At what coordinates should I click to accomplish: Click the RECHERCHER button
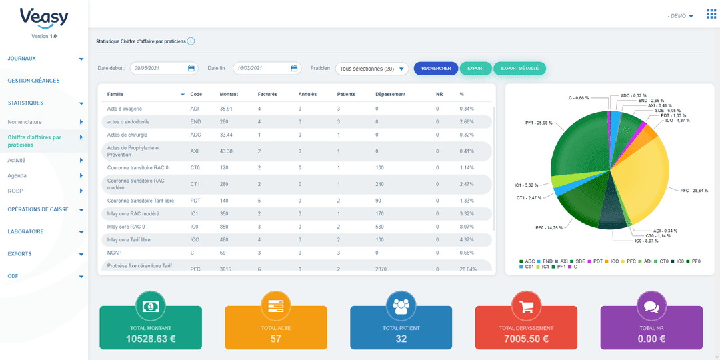(436, 68)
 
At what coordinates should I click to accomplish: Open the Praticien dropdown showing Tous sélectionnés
(371, 69)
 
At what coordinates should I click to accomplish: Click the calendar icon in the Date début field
(191, 68)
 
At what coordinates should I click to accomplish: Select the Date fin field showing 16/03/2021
(261, 68)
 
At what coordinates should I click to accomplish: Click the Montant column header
(229, 94)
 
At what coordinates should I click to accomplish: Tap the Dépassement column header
(390, 94)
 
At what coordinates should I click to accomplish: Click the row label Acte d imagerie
(125, 109)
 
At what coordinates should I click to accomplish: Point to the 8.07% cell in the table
(467, 227)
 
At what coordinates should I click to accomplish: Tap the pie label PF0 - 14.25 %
(549, 228)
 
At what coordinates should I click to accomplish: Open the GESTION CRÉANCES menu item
(33, 81)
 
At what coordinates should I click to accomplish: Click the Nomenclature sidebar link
(25, 122)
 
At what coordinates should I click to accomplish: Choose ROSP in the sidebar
(15, 191)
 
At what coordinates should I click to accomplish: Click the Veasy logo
(44, 18)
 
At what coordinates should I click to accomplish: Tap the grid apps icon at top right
(711, 15)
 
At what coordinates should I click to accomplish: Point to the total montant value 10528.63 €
(151, 339)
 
